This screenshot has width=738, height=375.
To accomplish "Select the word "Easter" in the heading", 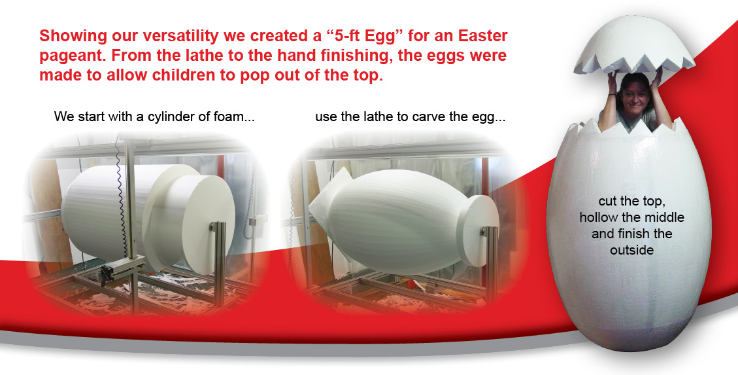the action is (482, 36).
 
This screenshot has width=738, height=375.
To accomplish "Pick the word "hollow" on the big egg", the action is (600, 217).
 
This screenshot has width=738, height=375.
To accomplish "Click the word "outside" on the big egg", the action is (632, 250).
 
